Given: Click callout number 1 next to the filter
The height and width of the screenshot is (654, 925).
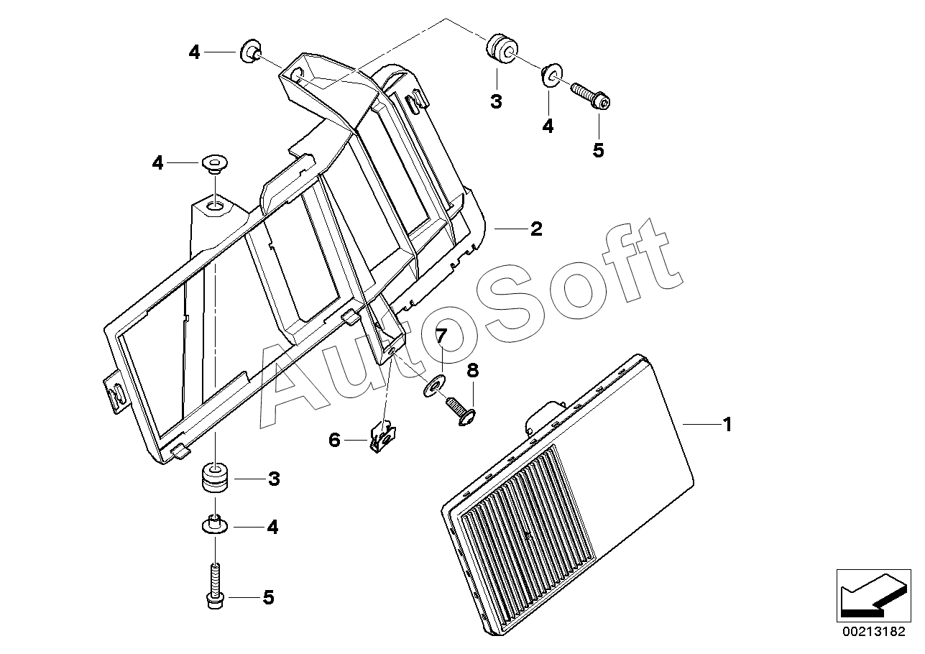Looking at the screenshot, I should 727,425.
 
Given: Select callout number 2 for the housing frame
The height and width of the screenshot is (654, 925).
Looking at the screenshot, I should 536,229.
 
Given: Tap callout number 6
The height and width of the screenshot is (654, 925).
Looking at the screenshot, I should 334,440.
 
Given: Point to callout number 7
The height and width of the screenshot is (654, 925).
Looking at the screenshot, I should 441,336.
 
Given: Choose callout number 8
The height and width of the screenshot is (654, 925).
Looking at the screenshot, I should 472,371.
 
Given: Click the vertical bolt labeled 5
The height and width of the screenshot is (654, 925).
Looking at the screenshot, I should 213,586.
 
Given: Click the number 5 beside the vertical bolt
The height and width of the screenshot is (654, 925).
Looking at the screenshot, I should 268,598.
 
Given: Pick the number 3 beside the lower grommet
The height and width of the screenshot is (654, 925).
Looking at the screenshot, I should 274,479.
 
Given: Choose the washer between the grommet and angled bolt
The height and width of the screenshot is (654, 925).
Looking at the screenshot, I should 550,74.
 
